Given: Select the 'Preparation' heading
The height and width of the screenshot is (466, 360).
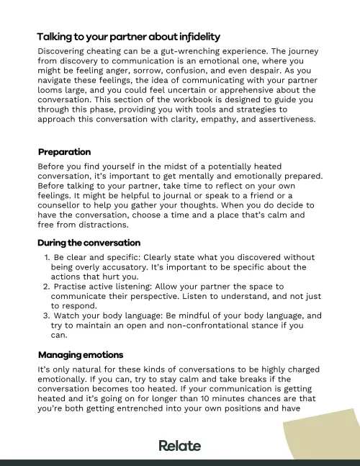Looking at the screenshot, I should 64,152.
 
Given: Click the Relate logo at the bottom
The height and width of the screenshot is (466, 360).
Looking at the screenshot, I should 179,446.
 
